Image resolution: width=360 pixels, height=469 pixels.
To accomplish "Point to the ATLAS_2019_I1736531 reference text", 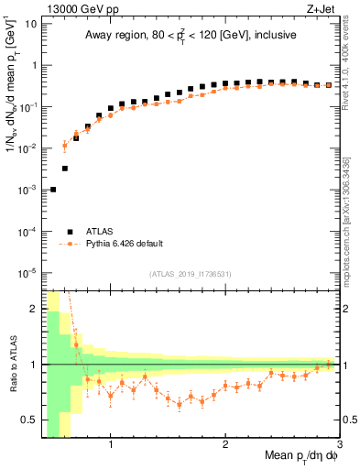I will tap(190, 274).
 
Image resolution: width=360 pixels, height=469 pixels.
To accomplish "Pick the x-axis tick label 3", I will tap(340, 445).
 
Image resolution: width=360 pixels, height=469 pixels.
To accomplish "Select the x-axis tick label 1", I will tap(111, 445).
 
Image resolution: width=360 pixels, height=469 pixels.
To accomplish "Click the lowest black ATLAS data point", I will tap(53, 190).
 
